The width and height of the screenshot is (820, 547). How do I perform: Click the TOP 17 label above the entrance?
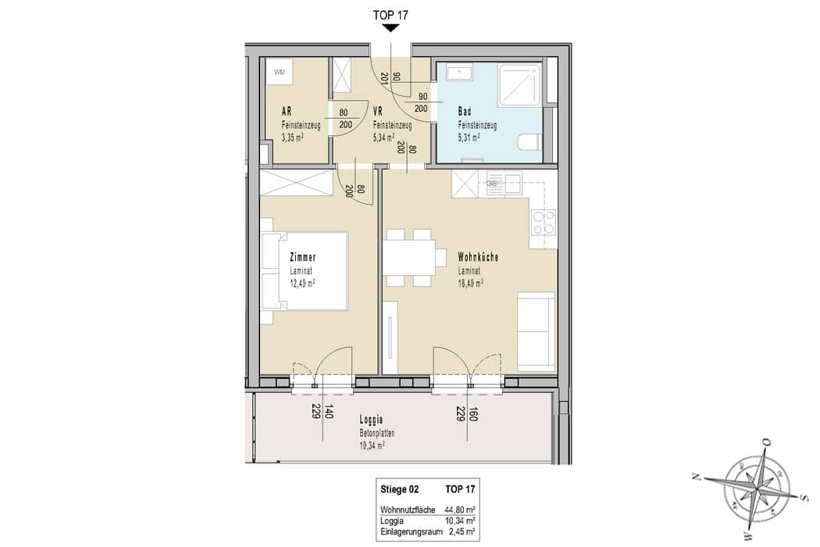(x=390, y=15)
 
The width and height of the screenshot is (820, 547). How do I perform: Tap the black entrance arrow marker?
(x=390, y=28)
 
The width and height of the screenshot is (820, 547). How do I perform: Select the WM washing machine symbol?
(x=280, y=72)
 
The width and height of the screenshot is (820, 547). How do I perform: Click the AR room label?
(x=287, y=112)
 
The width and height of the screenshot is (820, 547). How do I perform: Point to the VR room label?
(x=377, y=112)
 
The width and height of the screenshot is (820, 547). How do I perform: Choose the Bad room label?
(x=465, y=112)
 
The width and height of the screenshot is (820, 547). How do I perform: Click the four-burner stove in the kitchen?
(x=544, y=223)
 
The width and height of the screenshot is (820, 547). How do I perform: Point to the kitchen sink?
(x=504, y=184)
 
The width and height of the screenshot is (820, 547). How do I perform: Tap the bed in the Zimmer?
(x=305, y=271)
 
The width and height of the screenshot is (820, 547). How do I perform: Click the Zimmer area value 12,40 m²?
(x=302, y=283)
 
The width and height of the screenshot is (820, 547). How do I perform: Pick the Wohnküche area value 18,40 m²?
(x=470, y=283)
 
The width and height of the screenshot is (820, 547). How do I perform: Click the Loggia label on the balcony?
(x=371, y=420)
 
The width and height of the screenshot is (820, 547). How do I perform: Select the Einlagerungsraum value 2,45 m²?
(x=462, y=532)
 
